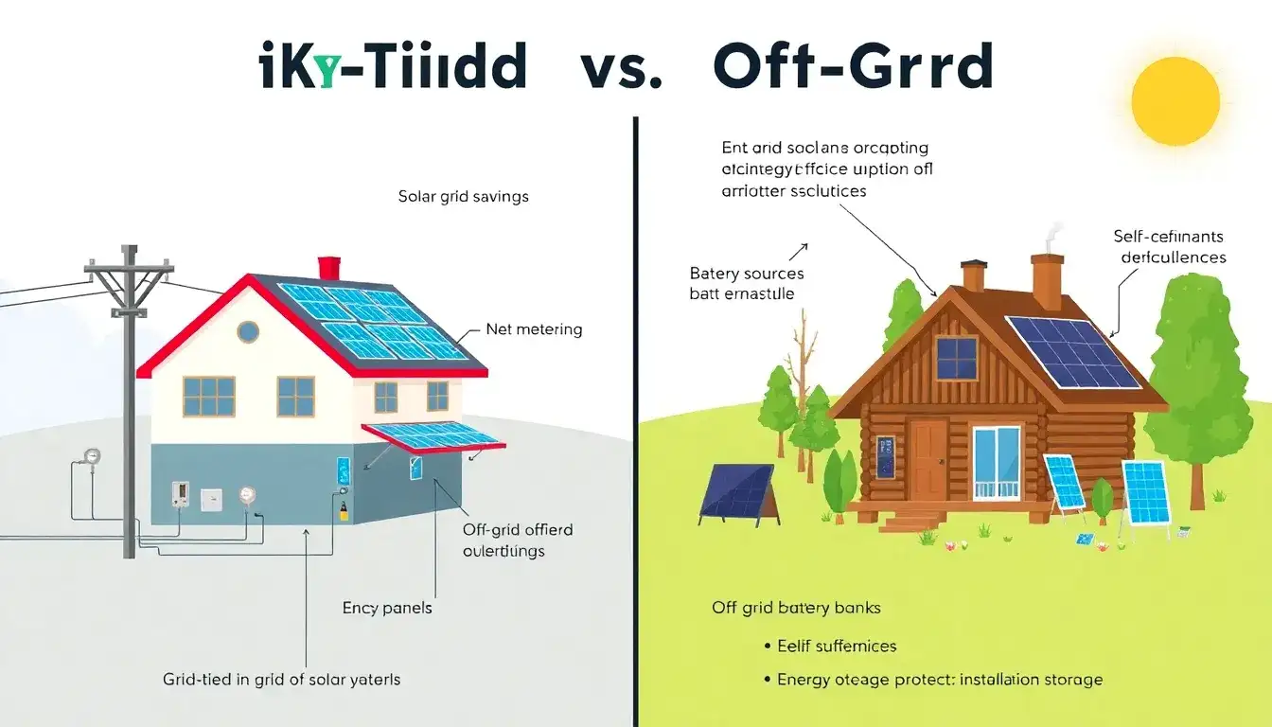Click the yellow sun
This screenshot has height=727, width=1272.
[x=1175, y=98]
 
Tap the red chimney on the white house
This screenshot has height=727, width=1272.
[x=328, y=268]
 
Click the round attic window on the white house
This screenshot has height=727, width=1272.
[x=248, y=331]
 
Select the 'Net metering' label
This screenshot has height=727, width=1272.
[x=534, y=329]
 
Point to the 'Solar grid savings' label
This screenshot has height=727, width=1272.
[x=464, y=197]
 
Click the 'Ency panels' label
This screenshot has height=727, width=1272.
[x=387, y=607]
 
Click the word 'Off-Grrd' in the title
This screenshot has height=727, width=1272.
[x=853, y=68]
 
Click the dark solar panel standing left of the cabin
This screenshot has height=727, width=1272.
[x=737, y=491]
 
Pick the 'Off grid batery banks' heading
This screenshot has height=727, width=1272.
[x=796, y=607]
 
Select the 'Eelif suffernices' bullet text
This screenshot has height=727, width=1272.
[x=837, y=646]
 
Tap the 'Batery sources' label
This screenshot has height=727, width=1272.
[x=747, y=274]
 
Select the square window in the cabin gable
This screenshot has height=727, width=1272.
[x=956, y=358]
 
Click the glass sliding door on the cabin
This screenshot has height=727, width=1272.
[x=997, y=460]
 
